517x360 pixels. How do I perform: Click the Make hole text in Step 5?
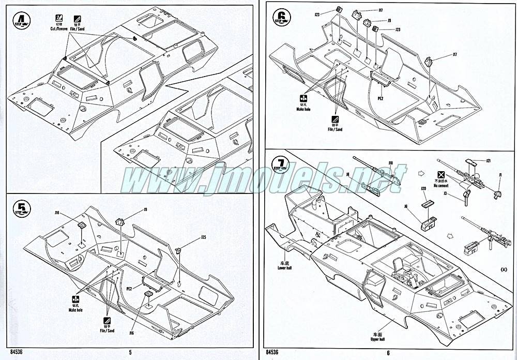(x=75, y=310)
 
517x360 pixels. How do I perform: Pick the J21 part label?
(x=488, y=161)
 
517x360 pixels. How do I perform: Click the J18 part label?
(x=390, y=164)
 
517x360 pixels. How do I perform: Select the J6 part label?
(x=406, y=206)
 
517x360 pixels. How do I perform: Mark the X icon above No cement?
(x=441, y=174)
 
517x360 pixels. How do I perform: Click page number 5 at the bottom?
(x=131, y=352)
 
